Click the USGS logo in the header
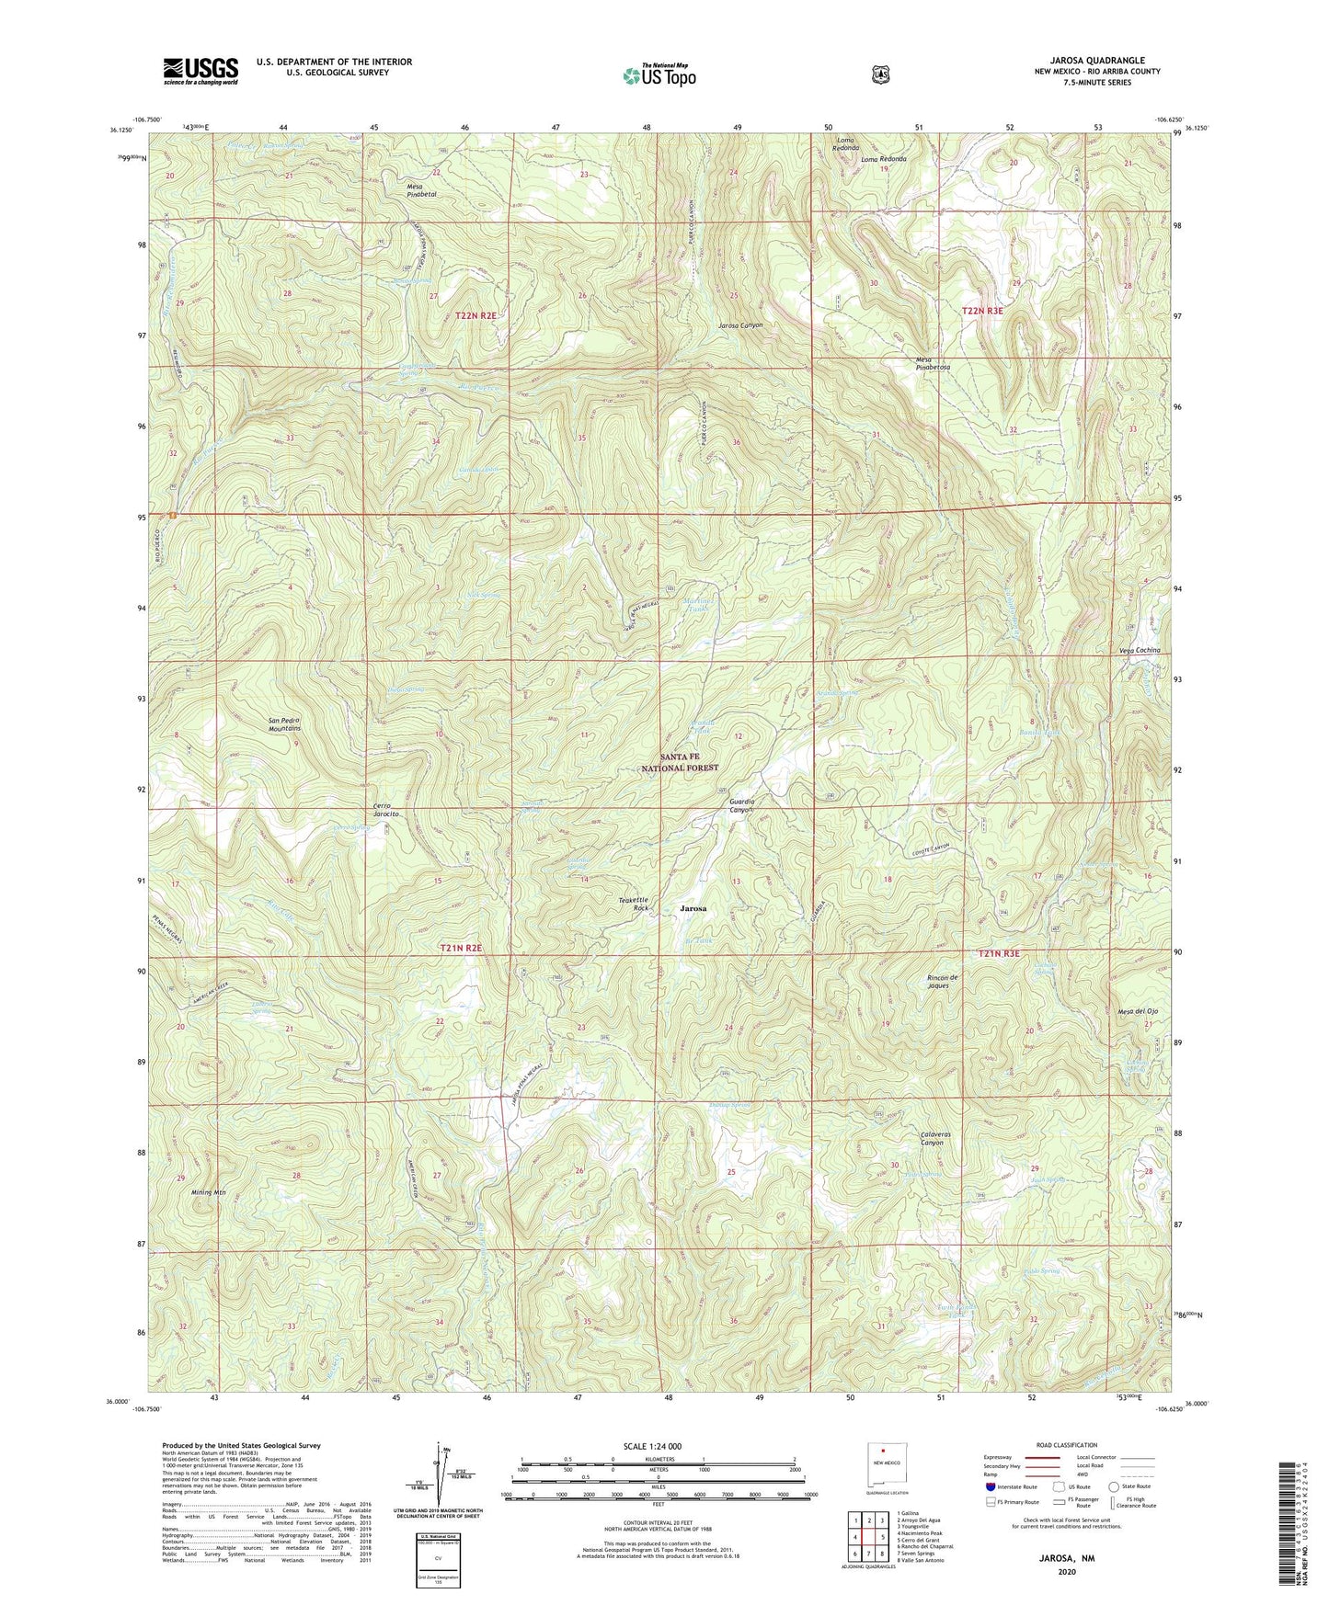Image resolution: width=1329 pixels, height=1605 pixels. tap(200, 70)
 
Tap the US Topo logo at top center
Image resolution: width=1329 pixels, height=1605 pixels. tap(657, 74)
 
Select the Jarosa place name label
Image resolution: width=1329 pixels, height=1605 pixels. tap(693, 907)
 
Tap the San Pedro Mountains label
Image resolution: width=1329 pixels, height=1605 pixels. tap(284, 723)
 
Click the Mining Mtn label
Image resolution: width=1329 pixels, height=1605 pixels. tap(208, 1192)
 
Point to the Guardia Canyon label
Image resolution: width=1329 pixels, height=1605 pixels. tap(736, 805)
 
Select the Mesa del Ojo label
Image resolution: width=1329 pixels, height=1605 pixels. tap(1137, 1011)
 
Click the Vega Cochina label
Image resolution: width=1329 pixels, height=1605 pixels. tap(1140, 650)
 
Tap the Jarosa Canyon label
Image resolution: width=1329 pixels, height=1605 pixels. tap(740, 325)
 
